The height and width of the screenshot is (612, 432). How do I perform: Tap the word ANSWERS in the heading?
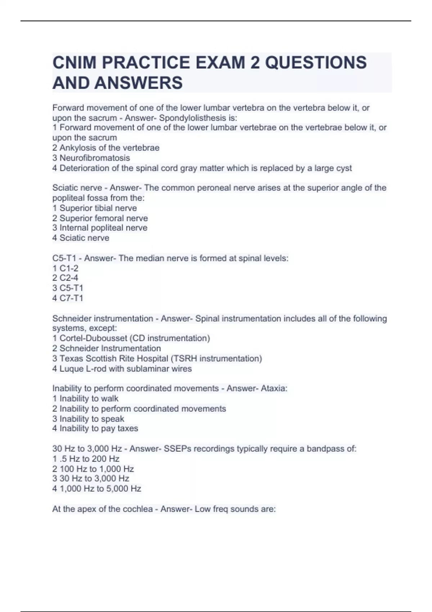[139, 83]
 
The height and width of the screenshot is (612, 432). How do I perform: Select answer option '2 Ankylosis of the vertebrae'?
[106, 148]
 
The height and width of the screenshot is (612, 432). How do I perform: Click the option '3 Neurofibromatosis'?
[91, 158]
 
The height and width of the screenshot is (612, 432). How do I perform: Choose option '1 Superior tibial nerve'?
[95, 208]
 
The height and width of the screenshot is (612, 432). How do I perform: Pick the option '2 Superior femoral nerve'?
[100, 218]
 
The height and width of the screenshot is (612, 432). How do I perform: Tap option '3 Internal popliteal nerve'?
[100, 228]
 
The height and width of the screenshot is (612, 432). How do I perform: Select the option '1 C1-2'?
[65, 268]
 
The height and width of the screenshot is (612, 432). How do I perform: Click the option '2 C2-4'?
[65, 278]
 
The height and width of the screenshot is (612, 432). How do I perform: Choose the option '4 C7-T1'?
[68, 298]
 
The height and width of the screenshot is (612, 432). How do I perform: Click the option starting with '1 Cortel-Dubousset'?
[131, 338]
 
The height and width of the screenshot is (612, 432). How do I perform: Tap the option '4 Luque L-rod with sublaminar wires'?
[122, 369]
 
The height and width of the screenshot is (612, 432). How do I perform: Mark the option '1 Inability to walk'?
[85, 399]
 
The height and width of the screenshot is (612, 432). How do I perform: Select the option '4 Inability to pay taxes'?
[95, 428]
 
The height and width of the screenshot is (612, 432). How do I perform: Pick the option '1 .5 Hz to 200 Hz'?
[86, 459]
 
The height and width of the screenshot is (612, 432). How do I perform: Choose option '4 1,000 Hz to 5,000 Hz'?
[97, 489]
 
